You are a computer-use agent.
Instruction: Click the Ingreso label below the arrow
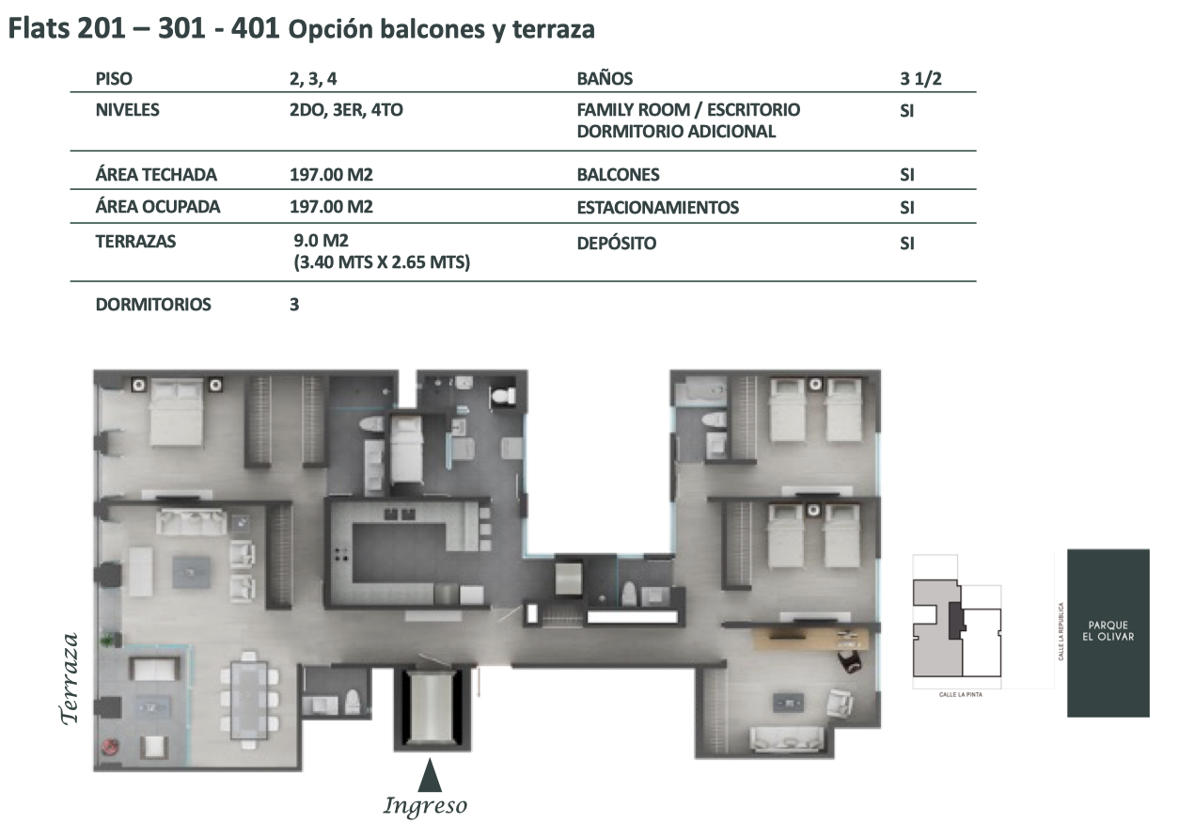425,806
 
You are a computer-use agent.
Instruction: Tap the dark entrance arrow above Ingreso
430,775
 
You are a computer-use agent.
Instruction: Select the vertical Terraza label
70,678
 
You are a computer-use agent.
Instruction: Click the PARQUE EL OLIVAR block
1108,632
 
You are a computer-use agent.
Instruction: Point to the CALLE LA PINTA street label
961,695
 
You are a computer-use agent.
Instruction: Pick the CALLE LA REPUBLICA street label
1061,631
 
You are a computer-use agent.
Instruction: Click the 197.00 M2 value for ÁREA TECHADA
331,174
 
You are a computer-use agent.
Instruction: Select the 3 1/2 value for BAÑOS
920,78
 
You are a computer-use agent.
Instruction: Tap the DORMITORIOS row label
153,304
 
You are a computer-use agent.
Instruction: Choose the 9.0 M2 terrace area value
321,241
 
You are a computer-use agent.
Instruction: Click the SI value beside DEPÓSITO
907,244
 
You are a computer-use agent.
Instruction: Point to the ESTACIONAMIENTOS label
657,208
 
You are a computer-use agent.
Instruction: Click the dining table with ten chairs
249,700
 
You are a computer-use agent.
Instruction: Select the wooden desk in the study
811,639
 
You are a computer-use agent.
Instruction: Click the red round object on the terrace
111,746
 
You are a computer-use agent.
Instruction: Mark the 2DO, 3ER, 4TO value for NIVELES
346,110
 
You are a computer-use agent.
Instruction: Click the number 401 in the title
256,28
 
